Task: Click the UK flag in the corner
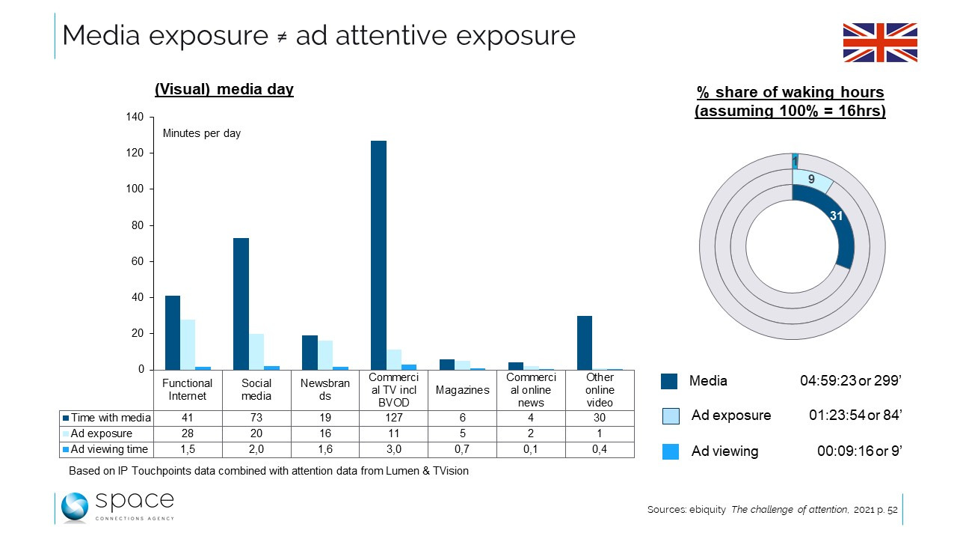880,42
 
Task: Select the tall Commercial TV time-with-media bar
378,255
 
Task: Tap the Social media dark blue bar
241,303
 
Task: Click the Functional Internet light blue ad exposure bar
188,344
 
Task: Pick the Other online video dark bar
585,342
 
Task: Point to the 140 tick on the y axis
134,118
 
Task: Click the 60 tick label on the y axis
137,261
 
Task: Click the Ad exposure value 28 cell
188,433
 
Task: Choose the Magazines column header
462,389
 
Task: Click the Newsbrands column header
325,389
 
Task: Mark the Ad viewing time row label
107,449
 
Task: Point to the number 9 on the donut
811,178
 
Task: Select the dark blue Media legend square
669,381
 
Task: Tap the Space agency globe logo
75,507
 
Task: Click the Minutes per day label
202,133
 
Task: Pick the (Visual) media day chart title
224,90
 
